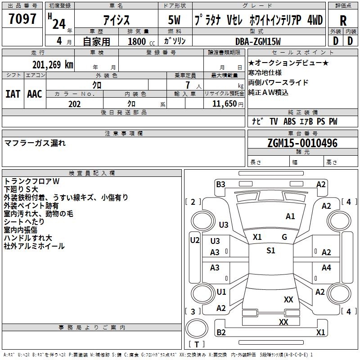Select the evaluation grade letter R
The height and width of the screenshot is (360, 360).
tap(343, 20)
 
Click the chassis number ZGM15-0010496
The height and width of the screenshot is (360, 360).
tap(302, 143)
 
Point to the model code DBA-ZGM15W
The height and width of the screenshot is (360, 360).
tap(258, 41)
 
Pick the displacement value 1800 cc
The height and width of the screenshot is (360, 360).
tap(141, 41)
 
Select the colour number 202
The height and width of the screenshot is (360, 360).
tap(74, 104)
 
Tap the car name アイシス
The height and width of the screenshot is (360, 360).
tap(116, 21)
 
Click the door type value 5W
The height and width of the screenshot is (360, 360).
tap(175, 21)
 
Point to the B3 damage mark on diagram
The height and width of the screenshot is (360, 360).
tap(220, 184)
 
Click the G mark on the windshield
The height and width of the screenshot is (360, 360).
tap(284, 237)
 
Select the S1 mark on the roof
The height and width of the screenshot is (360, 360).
tap(270, 251)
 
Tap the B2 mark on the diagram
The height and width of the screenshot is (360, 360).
tap(221, 333)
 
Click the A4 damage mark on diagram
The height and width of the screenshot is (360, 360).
tap(326, 268)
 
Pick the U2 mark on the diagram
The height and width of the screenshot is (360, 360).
tap(194, 240)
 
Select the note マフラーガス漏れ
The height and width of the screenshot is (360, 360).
tap(35, 143)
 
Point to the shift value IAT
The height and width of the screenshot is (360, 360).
tap(13, 94)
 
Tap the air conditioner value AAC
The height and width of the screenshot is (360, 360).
tap(35, 94)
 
